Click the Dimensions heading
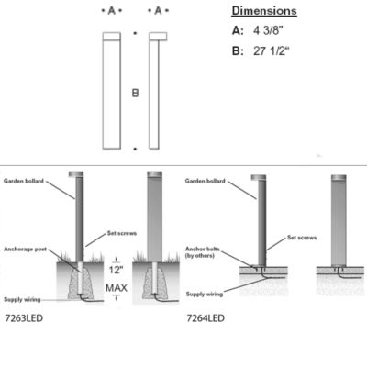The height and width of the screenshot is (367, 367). click(264, 11)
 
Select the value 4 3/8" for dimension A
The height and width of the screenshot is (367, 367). click(268, 30)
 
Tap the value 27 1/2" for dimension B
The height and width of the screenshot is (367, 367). click(272, 50)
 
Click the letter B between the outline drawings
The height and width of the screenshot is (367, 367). click(135, 93)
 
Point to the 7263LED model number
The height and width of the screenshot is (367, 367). click(24, 318)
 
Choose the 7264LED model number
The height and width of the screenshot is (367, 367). click(206, 318)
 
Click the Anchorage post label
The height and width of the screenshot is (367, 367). click(25, 250)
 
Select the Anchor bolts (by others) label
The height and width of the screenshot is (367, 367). click(202, 252)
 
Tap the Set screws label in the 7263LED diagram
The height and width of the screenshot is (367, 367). click(122, 233)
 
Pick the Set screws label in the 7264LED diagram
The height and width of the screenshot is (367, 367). click(302, 238)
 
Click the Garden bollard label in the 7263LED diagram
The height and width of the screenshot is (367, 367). click(24, 181)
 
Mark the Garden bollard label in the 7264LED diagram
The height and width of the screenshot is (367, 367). click(205, 181)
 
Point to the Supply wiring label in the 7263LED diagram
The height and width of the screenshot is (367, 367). click(22, 299)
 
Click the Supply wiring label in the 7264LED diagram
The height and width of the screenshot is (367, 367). click(205, 295)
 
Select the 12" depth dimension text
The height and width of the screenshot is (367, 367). click(117, 270)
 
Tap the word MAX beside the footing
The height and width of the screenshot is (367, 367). click(117, 288)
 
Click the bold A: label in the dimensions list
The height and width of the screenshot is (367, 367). click(238, 30)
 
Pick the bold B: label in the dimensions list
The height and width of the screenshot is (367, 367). click(238, 50)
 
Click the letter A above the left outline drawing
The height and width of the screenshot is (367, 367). click(112, 11)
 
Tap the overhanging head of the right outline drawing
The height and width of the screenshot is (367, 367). click(158, 37)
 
